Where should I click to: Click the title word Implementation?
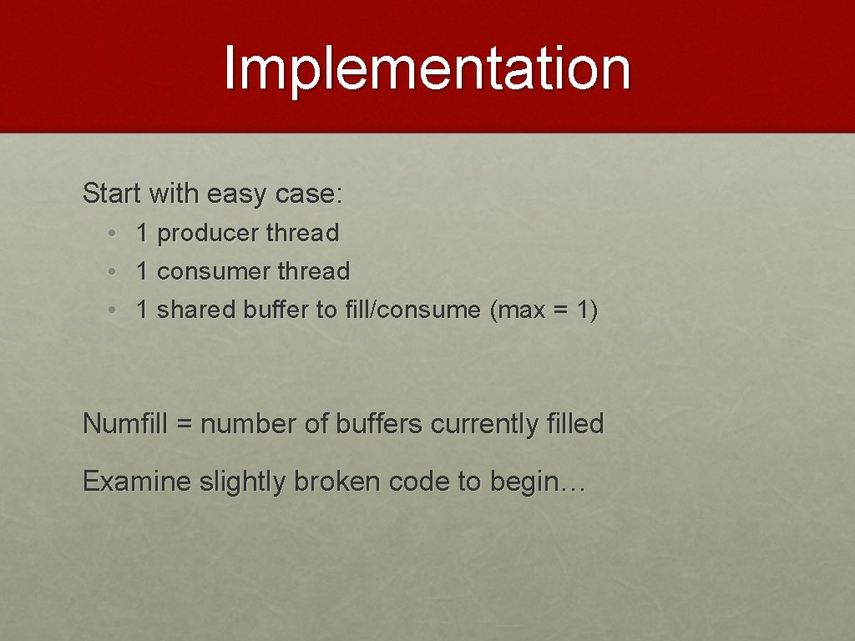click(427, 68)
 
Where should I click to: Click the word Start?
click(113, 194)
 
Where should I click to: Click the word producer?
click(208, 234)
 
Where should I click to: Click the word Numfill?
click(127, 424)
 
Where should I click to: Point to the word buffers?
click(379, 424)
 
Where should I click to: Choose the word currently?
click(483, 425)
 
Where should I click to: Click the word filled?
click(574, 424)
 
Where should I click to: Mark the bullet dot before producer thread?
click(111, 234)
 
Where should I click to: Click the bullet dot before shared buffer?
click(111, 310)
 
